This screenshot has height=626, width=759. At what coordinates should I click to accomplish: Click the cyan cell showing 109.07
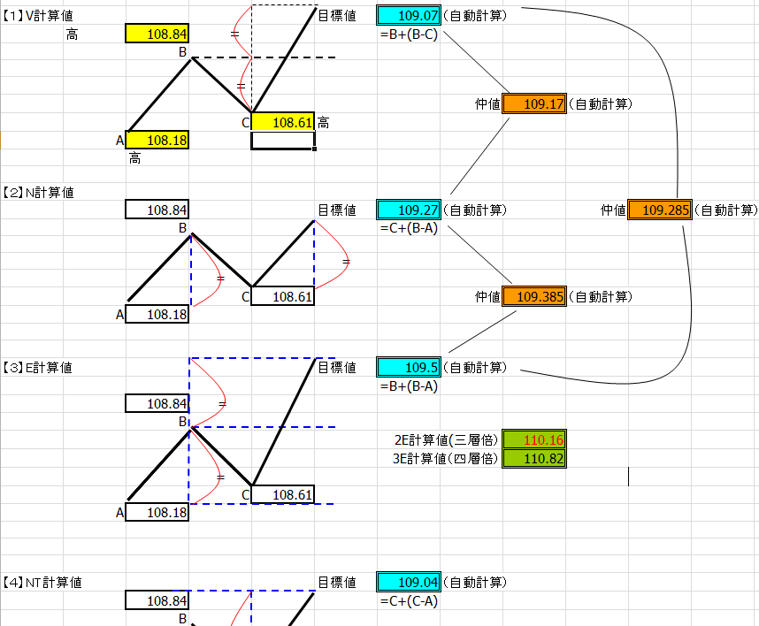[409, 16]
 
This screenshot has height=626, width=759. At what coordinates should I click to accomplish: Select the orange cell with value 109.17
[534, 104]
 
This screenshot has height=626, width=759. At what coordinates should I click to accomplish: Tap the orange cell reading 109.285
[660, 210]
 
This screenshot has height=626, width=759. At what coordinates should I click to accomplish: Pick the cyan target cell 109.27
[409, 210]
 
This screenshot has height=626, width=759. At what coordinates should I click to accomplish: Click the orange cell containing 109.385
[534, 296]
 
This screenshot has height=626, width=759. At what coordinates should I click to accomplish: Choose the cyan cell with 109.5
[409, 368]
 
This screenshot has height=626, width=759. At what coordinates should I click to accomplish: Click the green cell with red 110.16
[534, 439]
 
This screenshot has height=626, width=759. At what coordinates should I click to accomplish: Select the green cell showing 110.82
[534, 459]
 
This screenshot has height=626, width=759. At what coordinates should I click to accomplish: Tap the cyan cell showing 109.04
[409, 582]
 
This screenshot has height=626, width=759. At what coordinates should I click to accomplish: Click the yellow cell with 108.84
[157, 34]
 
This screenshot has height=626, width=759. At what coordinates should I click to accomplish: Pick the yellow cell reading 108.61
[283, 122]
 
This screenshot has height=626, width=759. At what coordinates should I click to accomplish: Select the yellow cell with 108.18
[157, 141]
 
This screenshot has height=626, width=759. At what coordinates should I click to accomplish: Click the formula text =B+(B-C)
[409, 34]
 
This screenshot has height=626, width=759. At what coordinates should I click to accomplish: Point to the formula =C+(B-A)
[409, 228]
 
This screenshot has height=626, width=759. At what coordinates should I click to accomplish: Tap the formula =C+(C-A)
[409, 601]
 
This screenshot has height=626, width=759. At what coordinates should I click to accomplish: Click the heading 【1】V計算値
[37, 16]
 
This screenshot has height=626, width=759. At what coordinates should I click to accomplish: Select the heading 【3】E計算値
[37, 368]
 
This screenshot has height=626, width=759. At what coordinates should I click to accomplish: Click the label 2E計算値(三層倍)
[446, 439]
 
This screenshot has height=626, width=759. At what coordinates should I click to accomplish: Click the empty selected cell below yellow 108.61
[283, 141]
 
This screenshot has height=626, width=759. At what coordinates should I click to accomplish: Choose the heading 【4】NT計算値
[42, 583]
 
